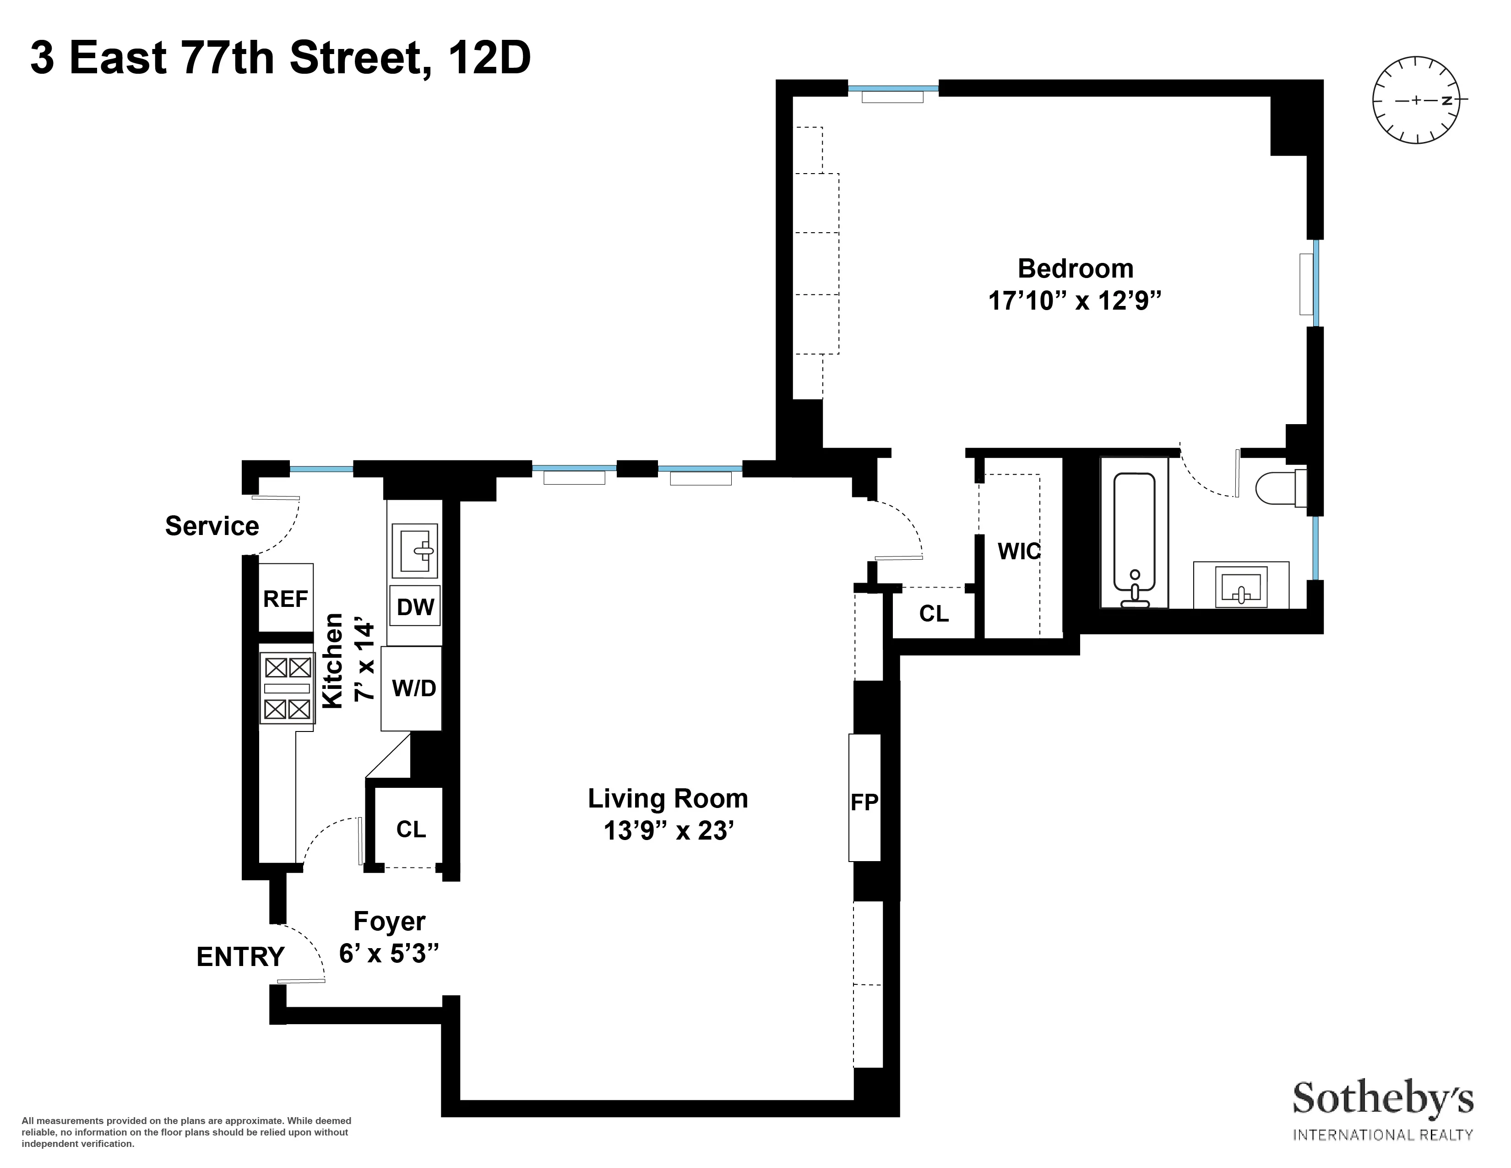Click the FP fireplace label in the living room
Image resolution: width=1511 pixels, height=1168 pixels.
(864, 802)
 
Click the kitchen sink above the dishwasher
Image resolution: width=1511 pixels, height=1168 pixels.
(414, 550)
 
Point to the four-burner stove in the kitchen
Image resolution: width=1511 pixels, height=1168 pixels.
(287, 688)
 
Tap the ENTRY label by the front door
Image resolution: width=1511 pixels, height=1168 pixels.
(240, 957)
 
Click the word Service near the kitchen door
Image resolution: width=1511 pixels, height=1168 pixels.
(212, 526)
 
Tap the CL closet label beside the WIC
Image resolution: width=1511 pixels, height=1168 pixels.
(933, 613)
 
